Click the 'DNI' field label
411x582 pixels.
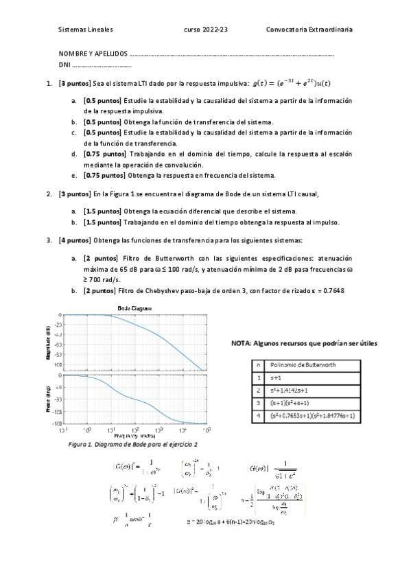click(64, 66)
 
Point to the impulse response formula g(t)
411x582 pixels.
click(291, 84)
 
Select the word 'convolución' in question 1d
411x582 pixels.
click(185, 165)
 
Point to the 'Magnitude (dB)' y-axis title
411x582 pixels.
click(49, 338)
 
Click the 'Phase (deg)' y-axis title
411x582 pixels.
click(49, 399)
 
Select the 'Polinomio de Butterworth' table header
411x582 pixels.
click(305, 366)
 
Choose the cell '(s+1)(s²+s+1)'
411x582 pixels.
click(294, 403)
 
